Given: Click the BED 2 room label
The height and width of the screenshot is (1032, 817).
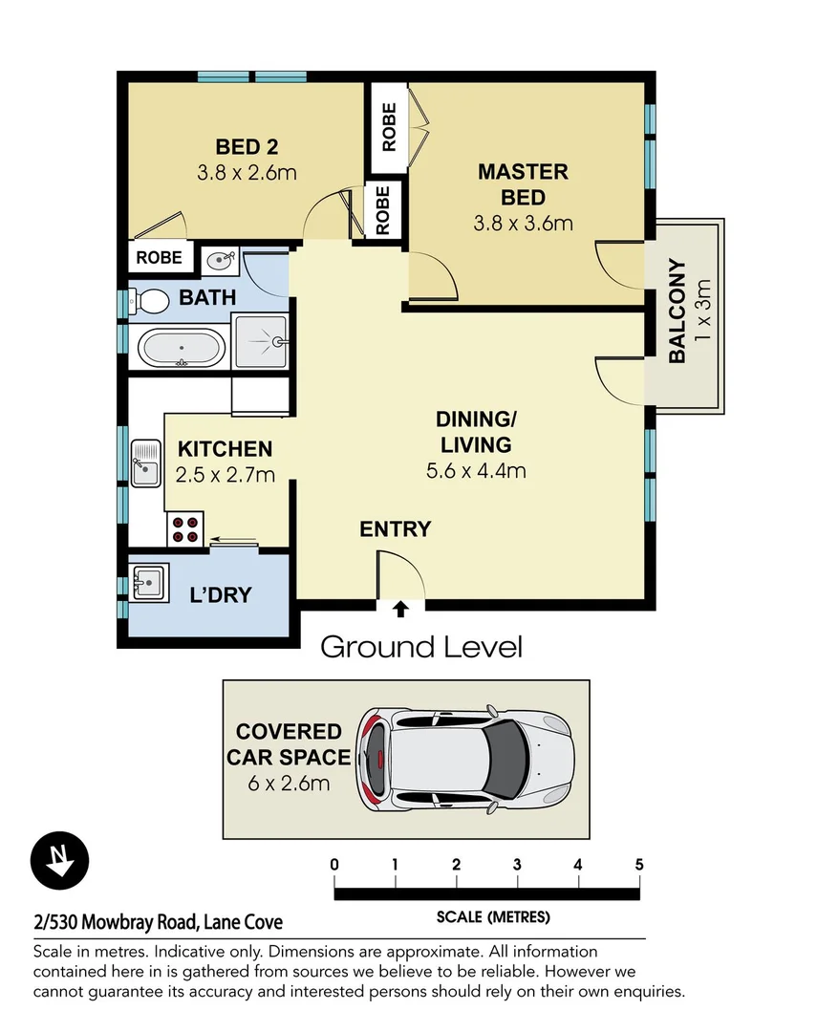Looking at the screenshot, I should (x=247, y=147).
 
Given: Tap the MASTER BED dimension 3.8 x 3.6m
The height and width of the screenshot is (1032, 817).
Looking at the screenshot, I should (x=523, y=224).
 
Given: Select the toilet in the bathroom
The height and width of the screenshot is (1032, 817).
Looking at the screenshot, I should (x=149, y=300).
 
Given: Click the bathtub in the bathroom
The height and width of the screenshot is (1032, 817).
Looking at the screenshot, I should (x=182, y=349).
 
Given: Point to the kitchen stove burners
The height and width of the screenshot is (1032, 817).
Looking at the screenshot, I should (x=184, y=529).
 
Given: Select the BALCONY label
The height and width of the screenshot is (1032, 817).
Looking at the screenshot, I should (x=677, y=312).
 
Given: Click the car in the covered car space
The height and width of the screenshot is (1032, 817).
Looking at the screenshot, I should (x=463, y=756).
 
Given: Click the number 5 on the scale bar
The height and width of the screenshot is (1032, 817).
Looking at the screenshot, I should (x=639, y=865).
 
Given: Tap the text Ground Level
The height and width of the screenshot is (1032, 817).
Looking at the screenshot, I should (x=421, y=647).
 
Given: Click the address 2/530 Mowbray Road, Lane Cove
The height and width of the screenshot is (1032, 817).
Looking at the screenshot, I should (x=159, y=923).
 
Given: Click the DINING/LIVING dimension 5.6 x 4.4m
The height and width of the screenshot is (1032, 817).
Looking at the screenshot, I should (x=476, y=470).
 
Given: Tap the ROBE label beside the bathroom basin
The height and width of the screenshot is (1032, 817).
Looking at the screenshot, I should (x=160, y=257).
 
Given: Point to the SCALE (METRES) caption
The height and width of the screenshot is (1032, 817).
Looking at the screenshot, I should (x=493, y=917).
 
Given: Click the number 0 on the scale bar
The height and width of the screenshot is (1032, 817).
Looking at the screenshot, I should (x=334, y=865).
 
